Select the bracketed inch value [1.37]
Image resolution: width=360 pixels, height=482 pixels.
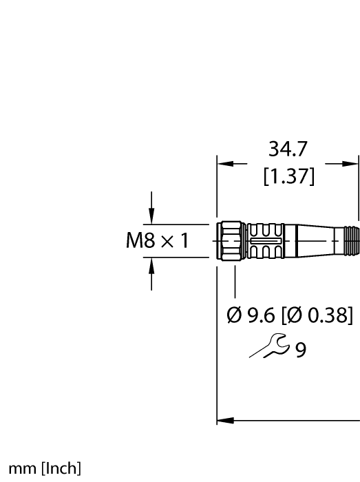pos(288,177)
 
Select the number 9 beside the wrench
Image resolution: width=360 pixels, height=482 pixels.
pos(300,350)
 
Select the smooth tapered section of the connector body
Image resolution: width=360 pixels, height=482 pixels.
pos(313,240)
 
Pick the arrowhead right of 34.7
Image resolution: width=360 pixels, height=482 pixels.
pos(351,164)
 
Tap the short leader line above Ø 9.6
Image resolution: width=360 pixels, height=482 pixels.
pos(236,280)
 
